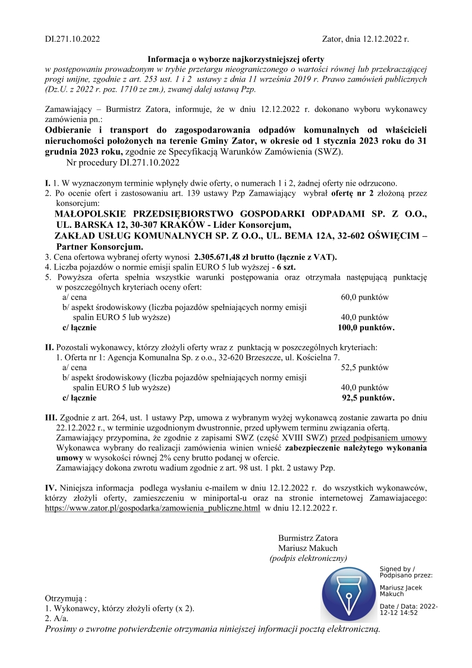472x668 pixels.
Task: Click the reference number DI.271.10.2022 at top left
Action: (73, 39)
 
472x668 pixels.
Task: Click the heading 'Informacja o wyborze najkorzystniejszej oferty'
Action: (236, 59)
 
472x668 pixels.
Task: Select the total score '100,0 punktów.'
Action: (366, 327)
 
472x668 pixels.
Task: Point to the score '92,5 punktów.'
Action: (368, 398)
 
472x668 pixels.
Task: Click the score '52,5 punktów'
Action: (364, 368)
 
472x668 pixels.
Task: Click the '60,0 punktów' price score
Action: (364, 297)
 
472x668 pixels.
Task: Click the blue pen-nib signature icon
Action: (348, 595)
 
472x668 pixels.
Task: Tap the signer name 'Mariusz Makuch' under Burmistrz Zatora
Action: (308, 548)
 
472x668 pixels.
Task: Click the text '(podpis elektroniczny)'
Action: (308, 558)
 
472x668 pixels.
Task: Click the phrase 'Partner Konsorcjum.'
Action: (99, 246)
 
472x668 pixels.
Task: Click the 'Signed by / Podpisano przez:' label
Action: (406, 572)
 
